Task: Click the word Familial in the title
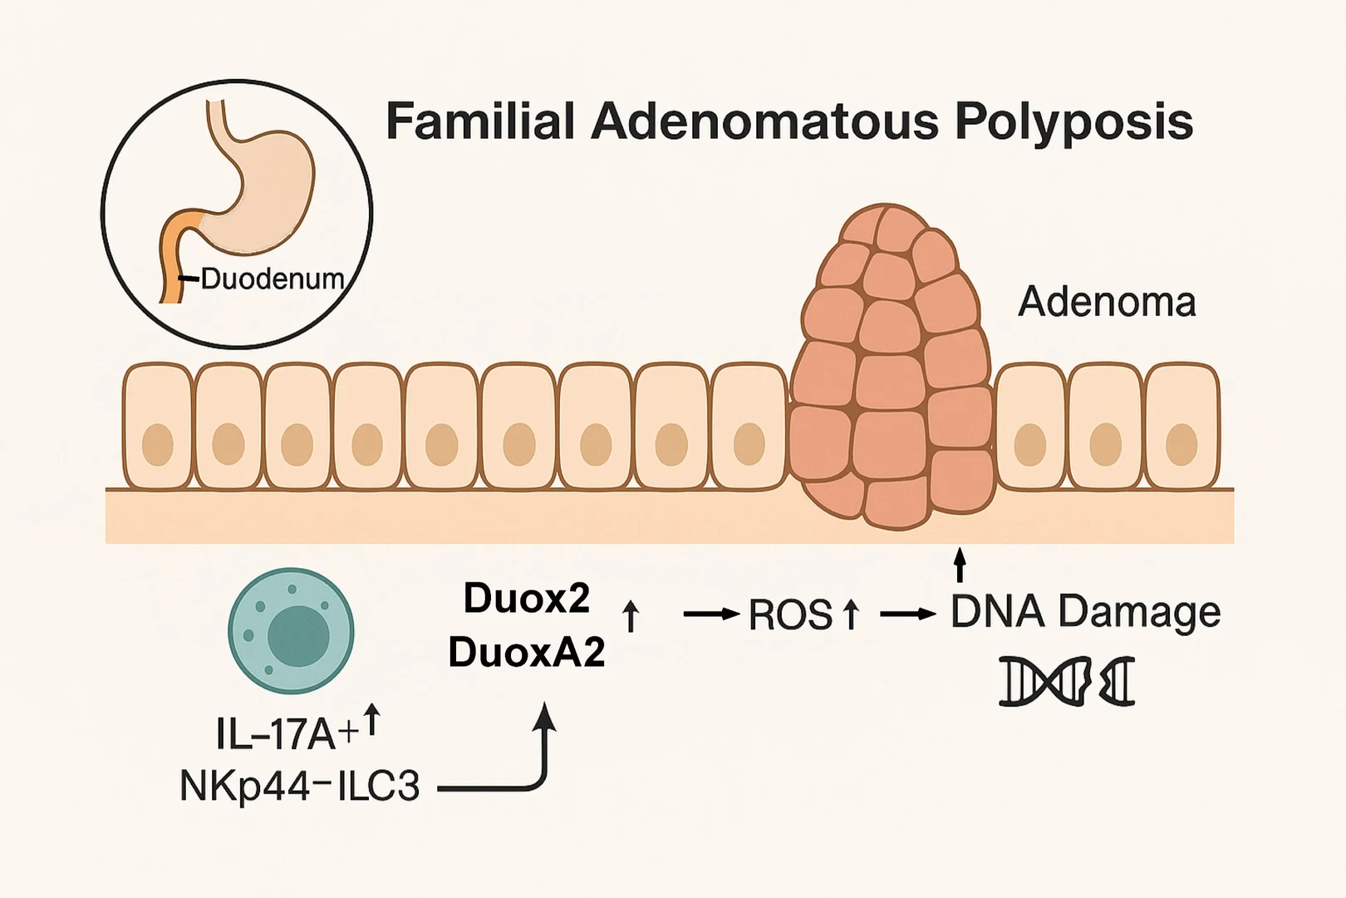(x=480, y=121)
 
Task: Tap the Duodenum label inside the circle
(x=273, y=279)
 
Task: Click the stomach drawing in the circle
(x=266, y=191)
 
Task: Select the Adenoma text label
(x=1107, y=302)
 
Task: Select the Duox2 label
(x=527, y=599)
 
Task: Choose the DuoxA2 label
(x=527, y=654)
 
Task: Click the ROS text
(x=789, y=615)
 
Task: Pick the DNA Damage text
(x=1085, y=612)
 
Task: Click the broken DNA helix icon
(x=1067, y=682)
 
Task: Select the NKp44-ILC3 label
(x=299, y=786)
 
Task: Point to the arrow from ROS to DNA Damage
(x=907, y=614)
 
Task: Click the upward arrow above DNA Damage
(x=960, y=565)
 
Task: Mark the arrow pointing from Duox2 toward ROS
(x=711, y=614)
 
